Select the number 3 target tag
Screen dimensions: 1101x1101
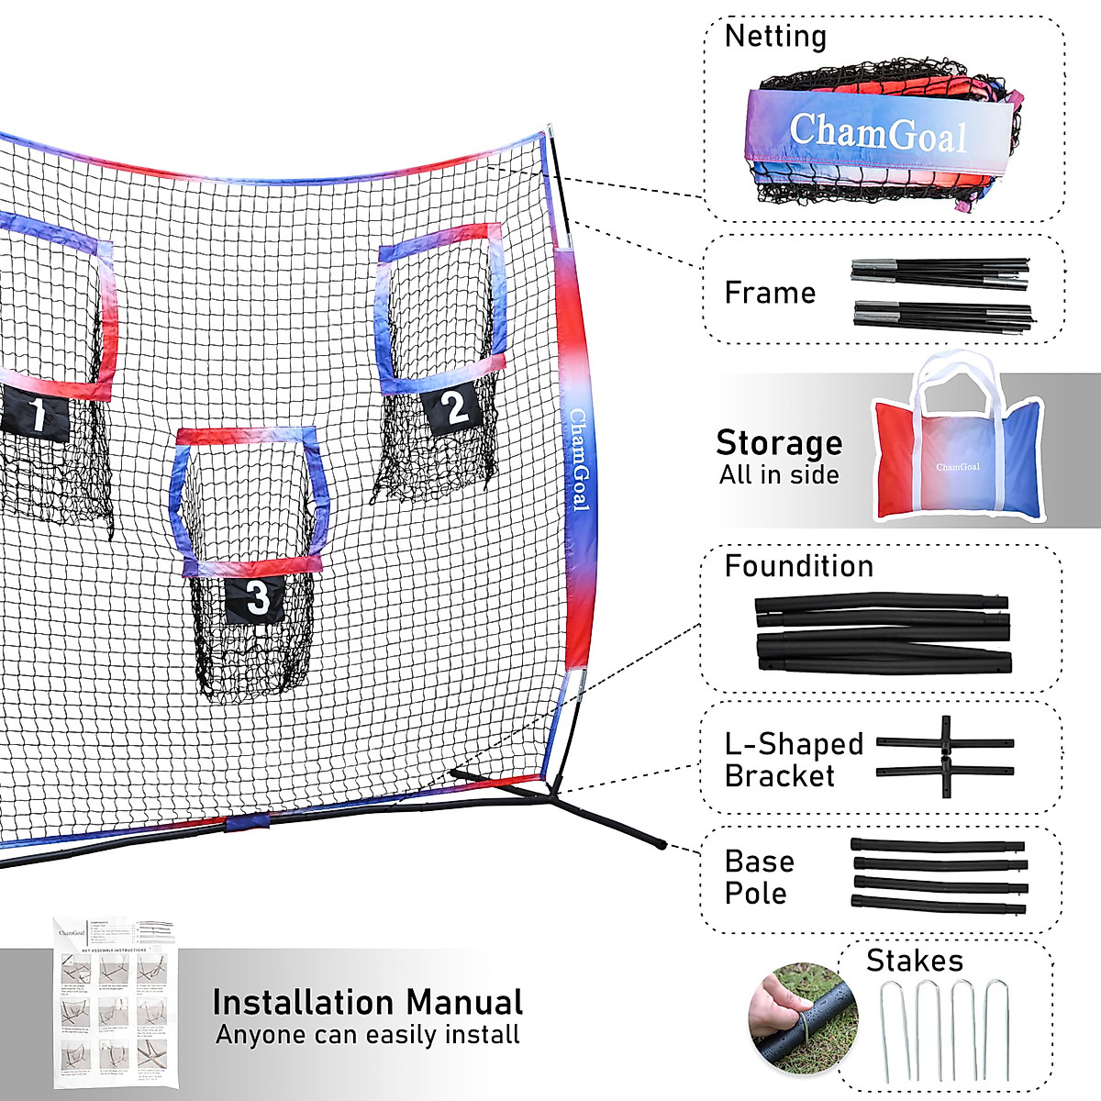click(257, 598)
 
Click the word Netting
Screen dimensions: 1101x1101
click(775, 37)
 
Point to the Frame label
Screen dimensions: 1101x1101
click(770, 293)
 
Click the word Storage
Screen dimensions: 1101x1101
click(779, 443)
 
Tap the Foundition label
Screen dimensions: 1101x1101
click(798, 566)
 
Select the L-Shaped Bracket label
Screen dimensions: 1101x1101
click(794, 760)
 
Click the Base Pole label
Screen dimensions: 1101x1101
click(759, 876)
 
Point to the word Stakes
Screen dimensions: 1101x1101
click(915, 961)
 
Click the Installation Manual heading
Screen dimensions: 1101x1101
click(367, 1002)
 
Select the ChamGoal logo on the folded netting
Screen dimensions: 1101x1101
click(878, 134)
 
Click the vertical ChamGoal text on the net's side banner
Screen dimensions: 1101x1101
click(579, 459)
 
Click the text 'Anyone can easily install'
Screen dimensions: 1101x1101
click(367, 1035)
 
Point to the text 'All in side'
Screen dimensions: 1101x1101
click(779, 475)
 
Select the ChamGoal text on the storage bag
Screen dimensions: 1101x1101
click(957, 467)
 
